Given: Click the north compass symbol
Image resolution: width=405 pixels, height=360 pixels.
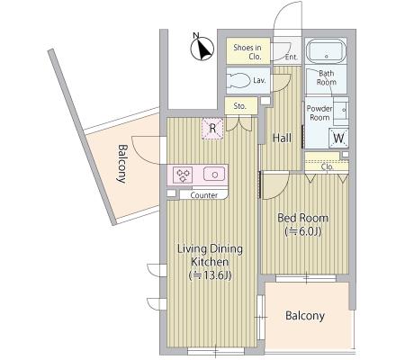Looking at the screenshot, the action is [202, 48].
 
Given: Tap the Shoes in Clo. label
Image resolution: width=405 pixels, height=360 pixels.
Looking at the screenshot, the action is [247, 51].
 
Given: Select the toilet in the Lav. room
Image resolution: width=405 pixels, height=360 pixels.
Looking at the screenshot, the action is [239, 80].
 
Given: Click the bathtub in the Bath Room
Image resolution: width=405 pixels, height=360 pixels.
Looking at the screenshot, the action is [326, 51].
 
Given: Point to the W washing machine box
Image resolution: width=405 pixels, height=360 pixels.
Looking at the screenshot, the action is [338, 138].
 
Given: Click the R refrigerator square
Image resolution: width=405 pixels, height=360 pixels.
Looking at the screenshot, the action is [212, 129].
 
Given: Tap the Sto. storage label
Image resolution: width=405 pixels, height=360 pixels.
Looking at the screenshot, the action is [239, 106].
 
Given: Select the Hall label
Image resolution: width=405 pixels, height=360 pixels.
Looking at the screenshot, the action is [282, 138].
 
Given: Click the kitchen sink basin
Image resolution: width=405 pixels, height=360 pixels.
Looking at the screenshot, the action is [214, 174].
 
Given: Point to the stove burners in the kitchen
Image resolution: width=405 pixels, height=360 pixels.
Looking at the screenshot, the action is [183, 175].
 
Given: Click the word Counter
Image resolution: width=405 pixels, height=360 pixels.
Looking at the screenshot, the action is [204, 195].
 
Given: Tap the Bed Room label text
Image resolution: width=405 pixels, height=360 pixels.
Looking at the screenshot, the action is [302, 218].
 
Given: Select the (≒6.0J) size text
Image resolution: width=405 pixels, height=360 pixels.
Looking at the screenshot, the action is [303, 231].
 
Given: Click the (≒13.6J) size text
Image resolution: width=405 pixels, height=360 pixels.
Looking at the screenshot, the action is [210, 275].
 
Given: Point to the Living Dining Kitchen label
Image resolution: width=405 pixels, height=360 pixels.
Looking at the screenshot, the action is [210, 255].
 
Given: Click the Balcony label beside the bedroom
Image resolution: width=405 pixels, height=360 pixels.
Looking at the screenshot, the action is [305, 316].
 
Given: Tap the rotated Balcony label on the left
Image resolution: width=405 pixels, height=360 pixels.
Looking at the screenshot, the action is [122, 164].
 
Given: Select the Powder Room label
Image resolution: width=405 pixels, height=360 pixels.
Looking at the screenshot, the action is [319, 112].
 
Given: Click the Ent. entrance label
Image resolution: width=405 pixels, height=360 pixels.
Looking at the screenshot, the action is [292, 57].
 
